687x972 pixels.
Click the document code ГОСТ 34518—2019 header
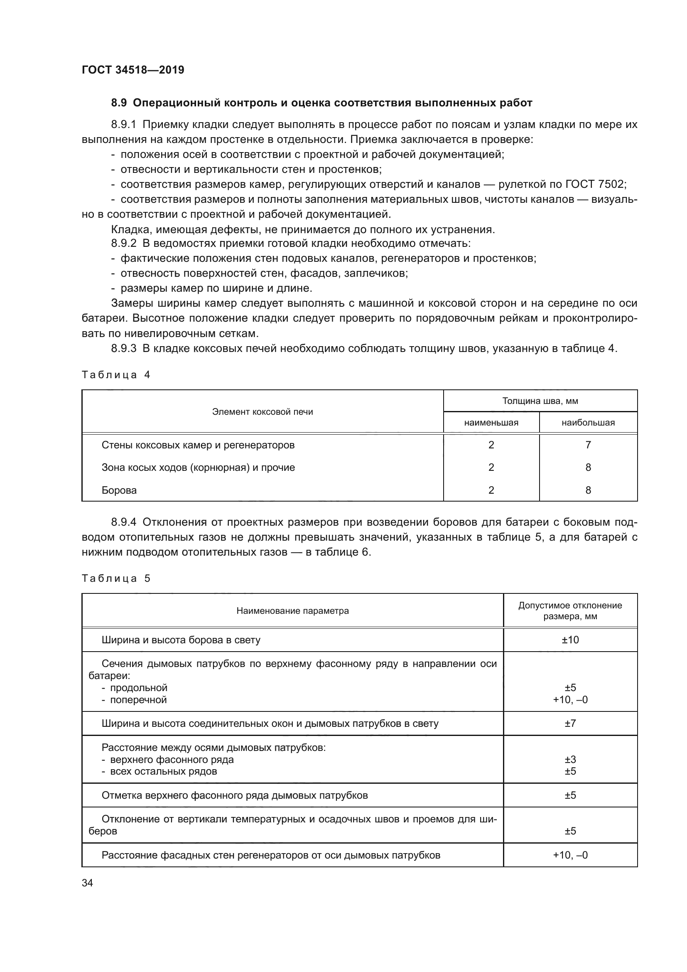coord(133,70)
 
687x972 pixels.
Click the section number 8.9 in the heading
coord(119,103)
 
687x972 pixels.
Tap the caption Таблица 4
coord(116,375)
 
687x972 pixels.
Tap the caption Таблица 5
coord(116,578)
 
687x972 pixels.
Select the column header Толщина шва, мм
coord(540,401)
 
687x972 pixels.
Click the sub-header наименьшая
coord(491,423)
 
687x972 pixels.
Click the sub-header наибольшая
coord(588,423)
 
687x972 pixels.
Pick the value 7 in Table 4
coord(588,445)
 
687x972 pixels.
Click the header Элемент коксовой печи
coord(262,411)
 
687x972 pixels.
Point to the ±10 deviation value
coord(570,640)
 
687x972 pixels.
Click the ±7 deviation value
coord(570,723)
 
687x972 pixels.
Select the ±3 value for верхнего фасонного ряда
coord(570,759)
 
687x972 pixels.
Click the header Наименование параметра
coord(292,610)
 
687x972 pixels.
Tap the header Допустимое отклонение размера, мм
coord(570,610)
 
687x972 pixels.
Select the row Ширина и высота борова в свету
coord(181,640)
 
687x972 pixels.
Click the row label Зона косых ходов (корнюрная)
coord(198,468)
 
